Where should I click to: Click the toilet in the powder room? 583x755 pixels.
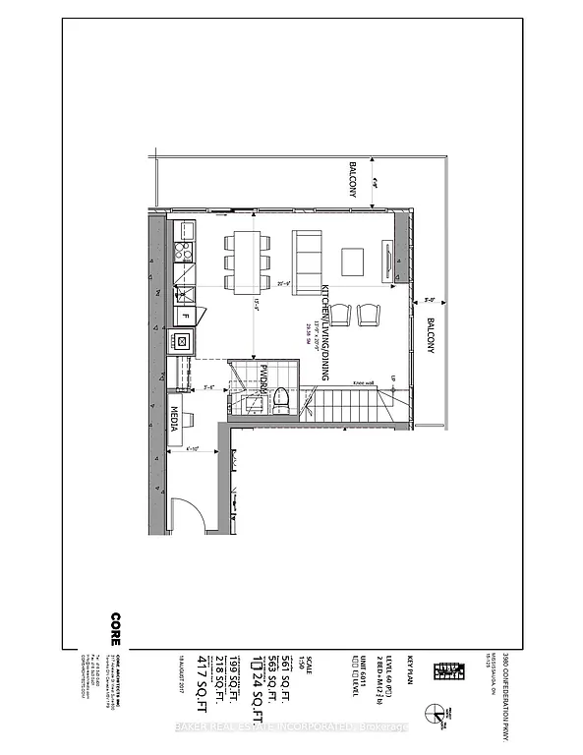click(280, 398)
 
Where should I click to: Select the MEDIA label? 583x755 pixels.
click(174, 418)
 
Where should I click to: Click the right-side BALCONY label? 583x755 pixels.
click(429, 338)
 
